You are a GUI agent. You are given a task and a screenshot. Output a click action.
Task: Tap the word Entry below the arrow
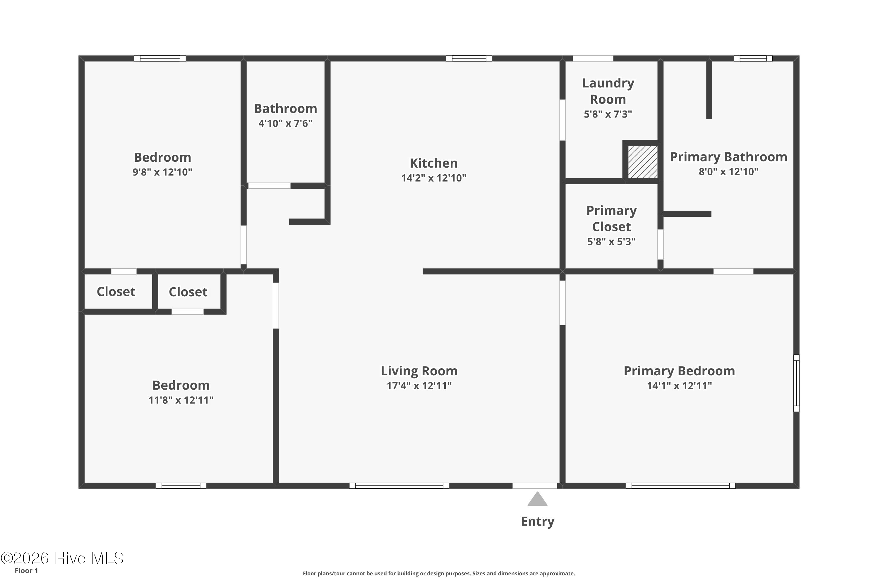538,522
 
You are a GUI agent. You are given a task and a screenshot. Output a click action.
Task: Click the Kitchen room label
433,163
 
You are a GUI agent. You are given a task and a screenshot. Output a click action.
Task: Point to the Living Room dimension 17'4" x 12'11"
419,386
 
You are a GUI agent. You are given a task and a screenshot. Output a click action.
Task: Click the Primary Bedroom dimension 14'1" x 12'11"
679,386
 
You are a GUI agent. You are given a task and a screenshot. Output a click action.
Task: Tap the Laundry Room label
608,91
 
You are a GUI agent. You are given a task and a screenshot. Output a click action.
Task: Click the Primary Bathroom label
728,157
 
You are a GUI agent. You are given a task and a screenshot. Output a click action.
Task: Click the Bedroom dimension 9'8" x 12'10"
162,172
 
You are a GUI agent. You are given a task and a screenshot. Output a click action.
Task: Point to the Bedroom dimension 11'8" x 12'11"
181,400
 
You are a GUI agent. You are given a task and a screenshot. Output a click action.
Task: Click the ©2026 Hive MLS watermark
62,558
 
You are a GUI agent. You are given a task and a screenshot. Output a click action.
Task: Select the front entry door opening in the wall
535,485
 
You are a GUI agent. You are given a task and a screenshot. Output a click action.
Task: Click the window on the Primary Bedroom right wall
796,383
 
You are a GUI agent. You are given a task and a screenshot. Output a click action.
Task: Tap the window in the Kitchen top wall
469,58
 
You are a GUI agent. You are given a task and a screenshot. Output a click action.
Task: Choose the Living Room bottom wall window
399,485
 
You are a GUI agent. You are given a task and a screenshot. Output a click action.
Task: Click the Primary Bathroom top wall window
753,58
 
